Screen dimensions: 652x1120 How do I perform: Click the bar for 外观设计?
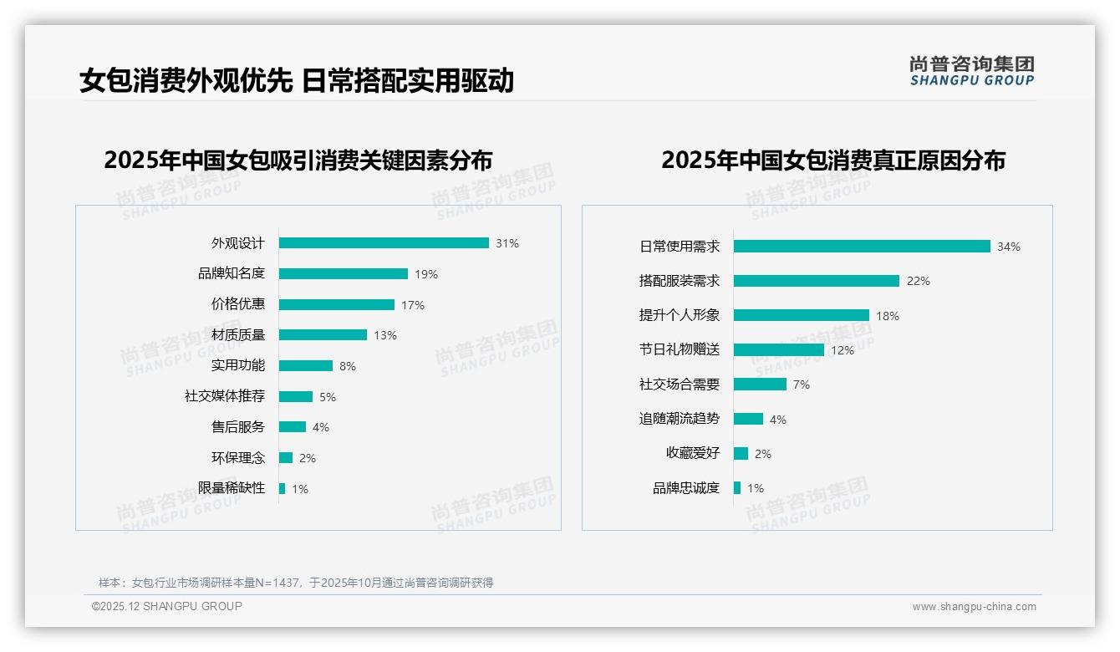coord(384,243)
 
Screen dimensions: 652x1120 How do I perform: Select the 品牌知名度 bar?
coord(343,274)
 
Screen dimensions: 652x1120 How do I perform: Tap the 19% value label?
coord(426,274)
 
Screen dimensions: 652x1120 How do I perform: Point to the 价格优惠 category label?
coord(237,304)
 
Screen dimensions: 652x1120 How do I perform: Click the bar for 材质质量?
coord(323,335)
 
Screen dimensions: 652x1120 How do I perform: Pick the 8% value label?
coord(348,366)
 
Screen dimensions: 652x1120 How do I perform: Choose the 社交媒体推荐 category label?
coord(225,396)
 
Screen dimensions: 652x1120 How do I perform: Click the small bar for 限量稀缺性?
coord(282,488)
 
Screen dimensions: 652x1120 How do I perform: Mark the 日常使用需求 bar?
coord(862,247)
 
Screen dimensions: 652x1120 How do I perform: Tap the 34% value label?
coord(1009,247)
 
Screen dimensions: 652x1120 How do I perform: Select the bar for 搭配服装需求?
coord(816,281)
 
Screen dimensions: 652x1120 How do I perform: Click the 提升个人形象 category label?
coord(680,315)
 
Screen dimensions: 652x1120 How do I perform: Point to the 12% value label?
coord(843,350)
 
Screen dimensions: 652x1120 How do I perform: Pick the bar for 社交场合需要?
coord(760,385)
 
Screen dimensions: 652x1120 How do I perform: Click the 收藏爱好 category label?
coord(693,453)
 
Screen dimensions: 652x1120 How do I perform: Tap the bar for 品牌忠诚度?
coord(737,488)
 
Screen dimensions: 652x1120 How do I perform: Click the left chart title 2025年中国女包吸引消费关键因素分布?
coord(298,160)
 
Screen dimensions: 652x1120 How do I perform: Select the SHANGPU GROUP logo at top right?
coord(972,70)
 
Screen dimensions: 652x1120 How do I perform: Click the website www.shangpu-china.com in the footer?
coord(974,607)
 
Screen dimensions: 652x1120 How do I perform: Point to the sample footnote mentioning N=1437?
coord(296,583)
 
